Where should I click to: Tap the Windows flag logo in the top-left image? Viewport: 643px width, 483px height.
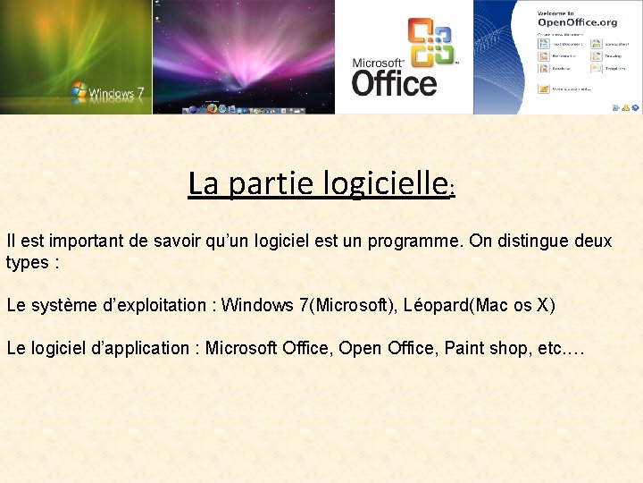pyautogui.click(x=79, y=90)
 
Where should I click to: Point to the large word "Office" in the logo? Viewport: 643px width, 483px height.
pyautogui.click(x=394, y=83)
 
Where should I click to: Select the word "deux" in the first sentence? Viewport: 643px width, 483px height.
pyautogui.click(x=596, y=241)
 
